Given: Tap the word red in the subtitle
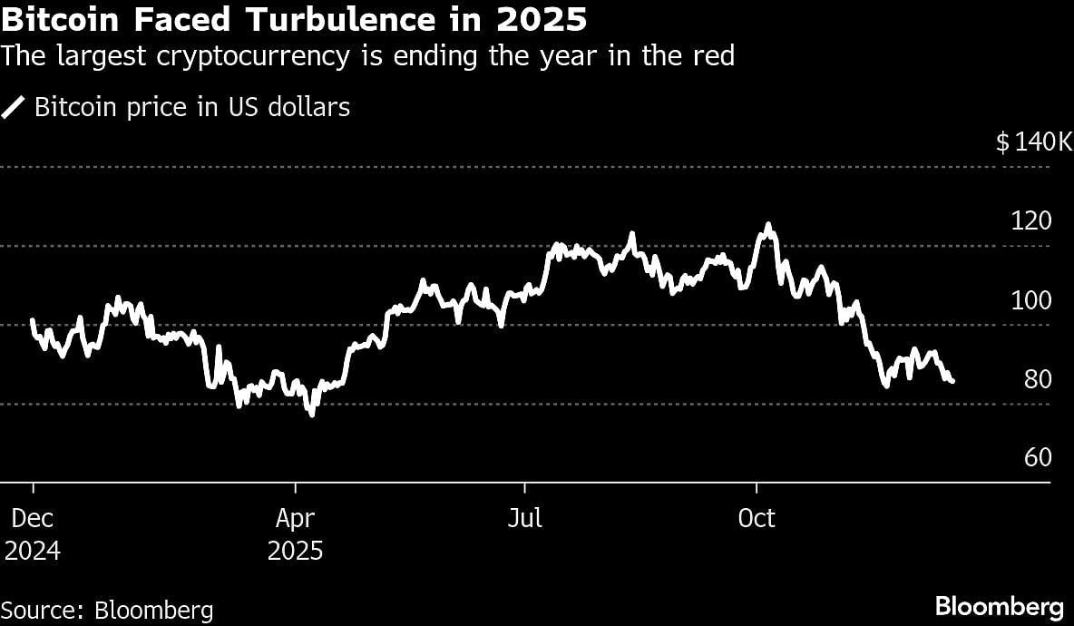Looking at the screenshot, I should click(x=714, y=56).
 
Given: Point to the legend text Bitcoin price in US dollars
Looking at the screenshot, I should click(x=191, y=107).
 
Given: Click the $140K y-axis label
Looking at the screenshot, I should click(x=1033, y=142).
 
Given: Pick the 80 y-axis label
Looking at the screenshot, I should click(x=1037, y=379).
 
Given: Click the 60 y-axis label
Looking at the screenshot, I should click(x=1037, y=458).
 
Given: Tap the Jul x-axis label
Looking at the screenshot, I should click(x=525, y=518).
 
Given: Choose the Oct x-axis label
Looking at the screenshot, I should click(x=757, y=518).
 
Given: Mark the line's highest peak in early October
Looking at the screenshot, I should click(x=768, y=224).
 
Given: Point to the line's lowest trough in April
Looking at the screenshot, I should click(x=312, y=415).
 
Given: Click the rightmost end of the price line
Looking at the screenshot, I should click(x=952, y=382).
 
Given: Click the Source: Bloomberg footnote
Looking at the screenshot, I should click(x=107, y=610).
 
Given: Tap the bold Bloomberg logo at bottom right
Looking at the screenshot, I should click(x=999, y=606).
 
